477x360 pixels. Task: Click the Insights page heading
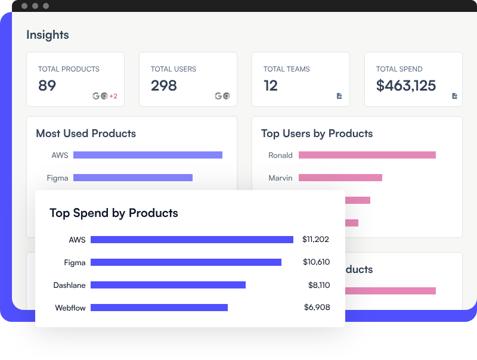coord(48,35)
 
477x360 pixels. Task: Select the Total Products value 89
coord(47,86)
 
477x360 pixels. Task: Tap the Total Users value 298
coord(163,86)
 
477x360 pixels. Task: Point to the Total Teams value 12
coord(271,86)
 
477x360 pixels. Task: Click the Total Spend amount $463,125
coord(406,86)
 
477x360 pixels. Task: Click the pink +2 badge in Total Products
coord(113,96)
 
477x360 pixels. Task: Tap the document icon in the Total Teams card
coord(339,96)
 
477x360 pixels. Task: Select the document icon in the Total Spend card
coord(454,96)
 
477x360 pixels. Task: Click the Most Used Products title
coord(86,134)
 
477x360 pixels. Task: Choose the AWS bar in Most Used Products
coord(147,155)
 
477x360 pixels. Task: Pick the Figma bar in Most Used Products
coord(132,178)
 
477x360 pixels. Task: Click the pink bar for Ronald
coord(367,155)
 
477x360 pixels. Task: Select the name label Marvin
coord(280,178)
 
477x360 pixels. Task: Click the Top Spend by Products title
coord(113,213)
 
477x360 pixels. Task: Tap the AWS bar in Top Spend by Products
coord(191,240)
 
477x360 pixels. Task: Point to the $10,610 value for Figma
coord(316,262)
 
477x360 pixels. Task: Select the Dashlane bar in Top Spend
coord(168,285)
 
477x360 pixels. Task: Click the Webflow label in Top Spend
coord(70,308)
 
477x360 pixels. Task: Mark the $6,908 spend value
coord(317,308)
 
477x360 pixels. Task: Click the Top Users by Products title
coord(317,134)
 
